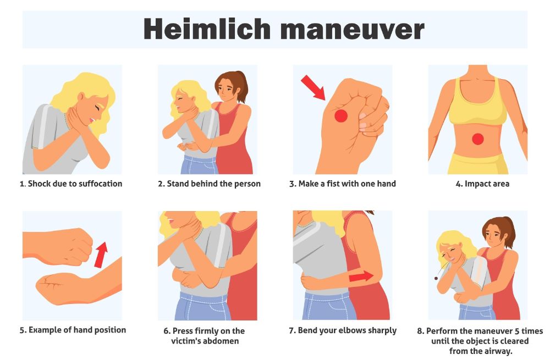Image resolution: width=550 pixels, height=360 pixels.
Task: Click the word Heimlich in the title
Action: tap(206, 29)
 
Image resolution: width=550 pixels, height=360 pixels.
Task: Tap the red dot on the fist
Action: tap(341, 115)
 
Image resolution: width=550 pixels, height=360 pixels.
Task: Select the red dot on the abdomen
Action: tap(477, 139)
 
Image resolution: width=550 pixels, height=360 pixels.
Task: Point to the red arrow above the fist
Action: tap(313, 88)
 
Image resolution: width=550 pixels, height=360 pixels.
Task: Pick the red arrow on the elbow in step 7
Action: tap(361, 276)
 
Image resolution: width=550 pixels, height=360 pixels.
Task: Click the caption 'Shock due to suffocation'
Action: tap(71, 184)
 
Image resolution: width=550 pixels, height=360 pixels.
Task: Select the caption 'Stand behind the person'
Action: tap(209, 184)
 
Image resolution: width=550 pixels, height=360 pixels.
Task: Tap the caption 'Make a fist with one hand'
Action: tap(343, 184)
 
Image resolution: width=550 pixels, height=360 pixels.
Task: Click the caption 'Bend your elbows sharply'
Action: tap(343, 330)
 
